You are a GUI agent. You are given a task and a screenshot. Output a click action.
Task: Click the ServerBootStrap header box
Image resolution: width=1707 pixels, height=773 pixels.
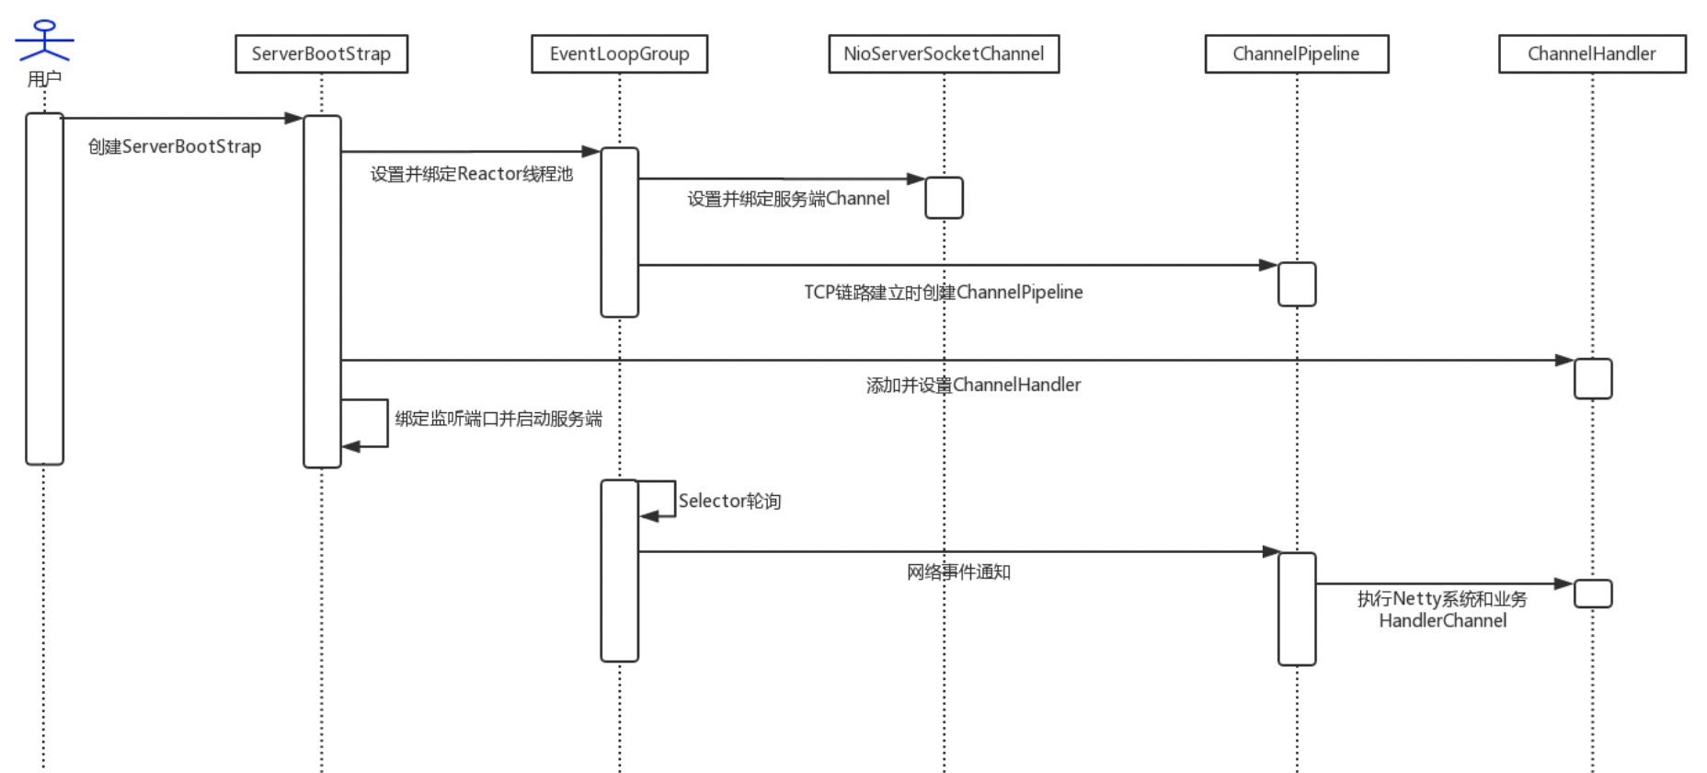point(321,54)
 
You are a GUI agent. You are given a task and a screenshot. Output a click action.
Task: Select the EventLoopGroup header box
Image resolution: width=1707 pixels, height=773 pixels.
point(619,54)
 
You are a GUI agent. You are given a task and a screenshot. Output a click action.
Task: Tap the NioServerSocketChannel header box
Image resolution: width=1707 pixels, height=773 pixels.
point(944,54)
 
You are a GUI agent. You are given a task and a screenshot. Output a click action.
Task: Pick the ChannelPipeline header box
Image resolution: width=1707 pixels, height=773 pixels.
point(1297,54)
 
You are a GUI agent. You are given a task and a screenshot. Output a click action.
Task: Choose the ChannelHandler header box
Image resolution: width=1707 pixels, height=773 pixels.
point(1592,54)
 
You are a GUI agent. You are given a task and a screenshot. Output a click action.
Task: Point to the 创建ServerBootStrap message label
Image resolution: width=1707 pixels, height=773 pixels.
point(175,146)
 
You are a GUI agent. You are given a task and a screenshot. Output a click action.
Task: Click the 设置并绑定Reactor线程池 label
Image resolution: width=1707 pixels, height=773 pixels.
point(472,174)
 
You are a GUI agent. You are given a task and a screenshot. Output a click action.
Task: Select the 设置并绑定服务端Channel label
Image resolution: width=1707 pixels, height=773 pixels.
point(788,199)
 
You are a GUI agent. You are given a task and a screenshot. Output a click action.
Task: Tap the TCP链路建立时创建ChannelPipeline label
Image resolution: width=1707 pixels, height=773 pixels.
point(944,293)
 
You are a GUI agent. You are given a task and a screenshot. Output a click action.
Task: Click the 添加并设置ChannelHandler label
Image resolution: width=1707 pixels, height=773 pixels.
point(973,385)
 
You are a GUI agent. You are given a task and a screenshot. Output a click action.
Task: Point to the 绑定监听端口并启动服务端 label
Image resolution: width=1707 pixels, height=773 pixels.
point(498,419)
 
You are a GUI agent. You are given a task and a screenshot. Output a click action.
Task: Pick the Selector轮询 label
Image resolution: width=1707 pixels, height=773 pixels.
point(729,502)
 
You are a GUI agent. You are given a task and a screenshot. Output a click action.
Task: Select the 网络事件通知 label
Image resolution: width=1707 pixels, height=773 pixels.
point(958,572)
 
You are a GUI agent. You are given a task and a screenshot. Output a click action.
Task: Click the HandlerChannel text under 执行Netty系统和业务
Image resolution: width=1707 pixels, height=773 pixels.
point(1442,621)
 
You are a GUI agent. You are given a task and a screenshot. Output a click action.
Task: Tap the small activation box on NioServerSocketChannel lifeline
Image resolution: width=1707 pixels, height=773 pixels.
point(944,198)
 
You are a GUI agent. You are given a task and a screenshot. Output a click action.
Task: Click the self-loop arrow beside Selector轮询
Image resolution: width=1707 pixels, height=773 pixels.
point(674,499)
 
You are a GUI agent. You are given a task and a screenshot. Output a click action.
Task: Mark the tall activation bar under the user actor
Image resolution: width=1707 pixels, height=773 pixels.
point(44,289)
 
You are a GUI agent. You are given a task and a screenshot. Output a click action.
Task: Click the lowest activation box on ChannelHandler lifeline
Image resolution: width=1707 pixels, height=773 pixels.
point(1593,594)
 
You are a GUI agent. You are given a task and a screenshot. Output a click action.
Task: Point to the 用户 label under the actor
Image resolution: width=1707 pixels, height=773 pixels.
point(44,79)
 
